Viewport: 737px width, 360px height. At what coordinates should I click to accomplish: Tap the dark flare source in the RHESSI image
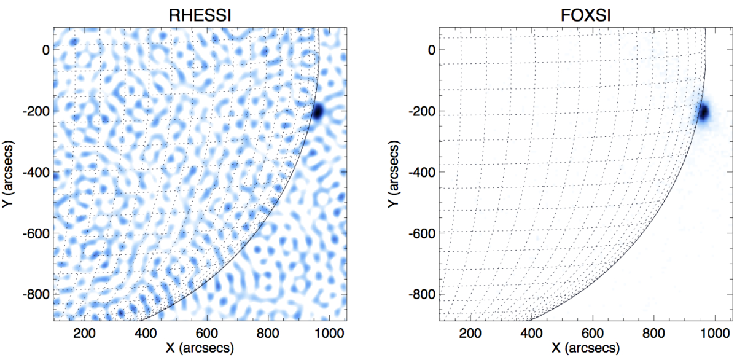[x=318, y=112]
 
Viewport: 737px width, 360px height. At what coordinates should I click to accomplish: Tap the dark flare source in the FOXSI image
[x=703, y=112]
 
